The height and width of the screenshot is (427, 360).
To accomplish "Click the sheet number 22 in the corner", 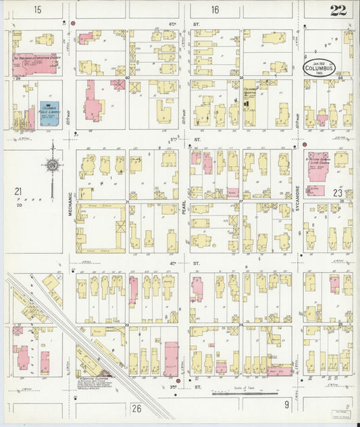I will click(x=338, y=9).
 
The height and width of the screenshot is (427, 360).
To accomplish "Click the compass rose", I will click(x=51, y=164).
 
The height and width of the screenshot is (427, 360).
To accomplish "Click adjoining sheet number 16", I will click(x=215, y=9).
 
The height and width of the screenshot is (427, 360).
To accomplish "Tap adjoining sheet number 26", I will click(x=136, y=407).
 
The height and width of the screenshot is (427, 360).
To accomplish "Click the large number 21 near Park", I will click(x=19, y=191).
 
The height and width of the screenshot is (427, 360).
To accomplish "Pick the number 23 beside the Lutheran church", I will click(x=338, y=193).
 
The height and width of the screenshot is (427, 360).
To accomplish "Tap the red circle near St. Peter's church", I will click(x=305, y=145).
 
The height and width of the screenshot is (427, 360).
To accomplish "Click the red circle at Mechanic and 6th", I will click(x=73, y=24).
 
